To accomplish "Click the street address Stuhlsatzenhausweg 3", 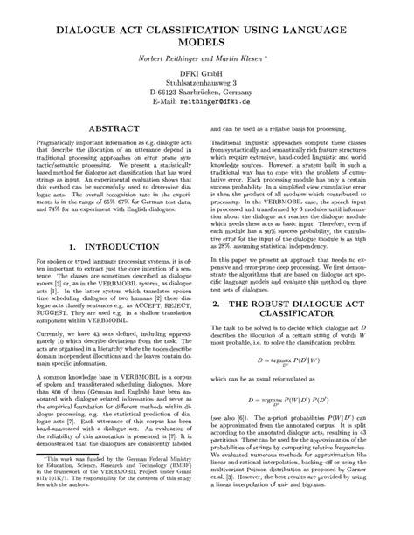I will coord(207,87).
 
